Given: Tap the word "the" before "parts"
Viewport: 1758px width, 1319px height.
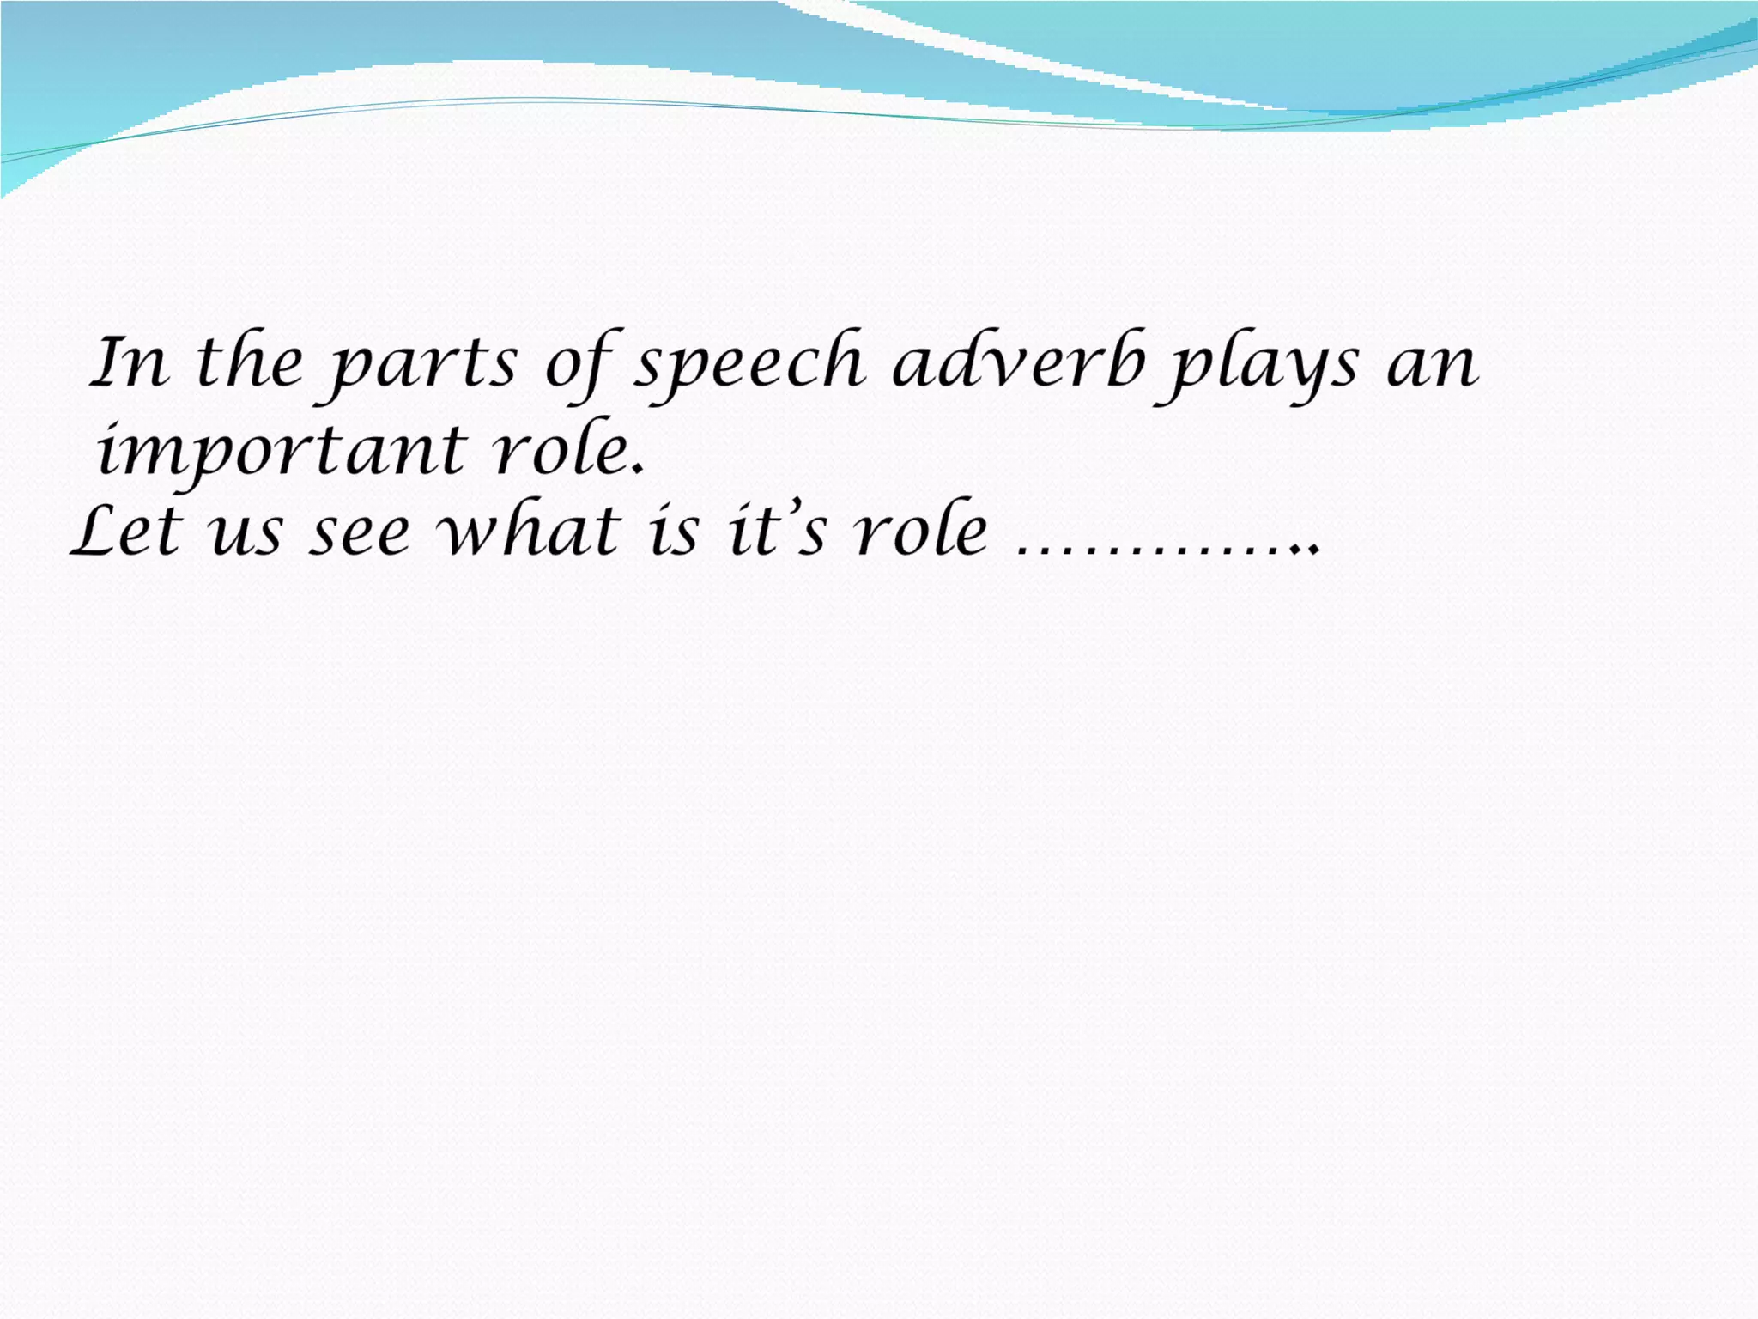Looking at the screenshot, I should [x=250, y=362].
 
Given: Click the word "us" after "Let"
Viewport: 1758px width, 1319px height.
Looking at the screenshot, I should [x=246, y=535].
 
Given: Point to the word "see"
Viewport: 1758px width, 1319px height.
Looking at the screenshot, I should [x=360, y=535].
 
